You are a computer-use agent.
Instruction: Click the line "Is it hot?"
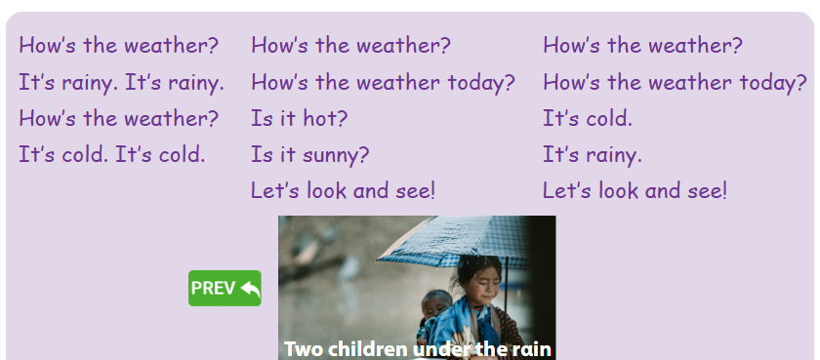tap(299, 119)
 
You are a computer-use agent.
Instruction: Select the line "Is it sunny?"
tap(309, 155)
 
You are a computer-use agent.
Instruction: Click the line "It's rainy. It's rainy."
tap(121, 83)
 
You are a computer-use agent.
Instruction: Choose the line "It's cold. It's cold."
tap(111, 154)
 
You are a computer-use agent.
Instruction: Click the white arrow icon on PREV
tap(249, 288)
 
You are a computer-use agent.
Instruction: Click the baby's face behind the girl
tap(437, 305)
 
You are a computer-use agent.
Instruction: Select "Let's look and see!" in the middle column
tap(343, 190)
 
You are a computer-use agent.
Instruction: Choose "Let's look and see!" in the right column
tap(635, 190)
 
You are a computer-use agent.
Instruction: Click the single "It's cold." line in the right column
tap(588, 119)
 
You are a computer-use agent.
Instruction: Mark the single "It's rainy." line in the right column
tap(593, 155)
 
